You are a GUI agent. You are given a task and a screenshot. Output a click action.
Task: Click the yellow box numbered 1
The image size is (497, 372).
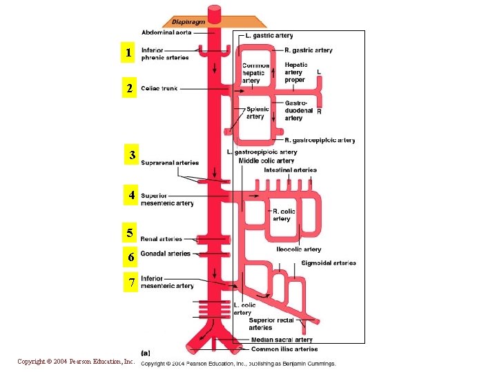128,53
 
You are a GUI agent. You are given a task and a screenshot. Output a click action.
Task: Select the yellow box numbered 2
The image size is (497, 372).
129,89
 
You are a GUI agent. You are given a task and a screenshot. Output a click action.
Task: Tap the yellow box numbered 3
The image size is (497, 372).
131,156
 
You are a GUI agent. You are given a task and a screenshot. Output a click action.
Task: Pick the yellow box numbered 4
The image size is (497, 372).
130,196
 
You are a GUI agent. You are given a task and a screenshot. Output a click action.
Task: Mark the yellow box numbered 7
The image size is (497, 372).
130,282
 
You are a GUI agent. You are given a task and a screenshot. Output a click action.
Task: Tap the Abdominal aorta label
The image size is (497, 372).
166,32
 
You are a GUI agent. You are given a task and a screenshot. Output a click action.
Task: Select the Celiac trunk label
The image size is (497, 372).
159,89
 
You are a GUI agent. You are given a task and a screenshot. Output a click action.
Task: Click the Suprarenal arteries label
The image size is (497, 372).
169,163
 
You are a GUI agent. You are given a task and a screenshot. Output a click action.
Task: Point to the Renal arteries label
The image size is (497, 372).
161,239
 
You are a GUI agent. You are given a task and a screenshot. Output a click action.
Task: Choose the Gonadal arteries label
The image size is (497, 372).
165,254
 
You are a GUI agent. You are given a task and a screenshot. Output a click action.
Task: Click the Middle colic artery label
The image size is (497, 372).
266,161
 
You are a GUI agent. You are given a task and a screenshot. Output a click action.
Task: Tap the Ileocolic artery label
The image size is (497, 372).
298,249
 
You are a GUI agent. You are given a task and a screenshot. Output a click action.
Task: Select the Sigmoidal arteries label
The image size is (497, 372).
329,262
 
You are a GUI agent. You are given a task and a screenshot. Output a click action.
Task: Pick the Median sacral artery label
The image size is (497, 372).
282,340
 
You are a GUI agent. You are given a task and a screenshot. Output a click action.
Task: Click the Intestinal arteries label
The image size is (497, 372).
290,170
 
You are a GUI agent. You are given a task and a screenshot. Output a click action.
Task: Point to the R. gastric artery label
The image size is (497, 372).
308,50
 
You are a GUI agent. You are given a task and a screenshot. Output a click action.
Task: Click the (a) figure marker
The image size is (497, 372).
146,353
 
